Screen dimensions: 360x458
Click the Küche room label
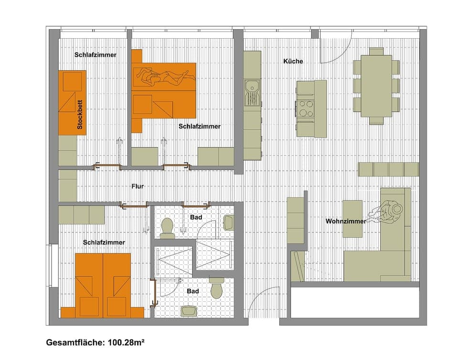point(293,61)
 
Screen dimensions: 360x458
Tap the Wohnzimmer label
point(346,221)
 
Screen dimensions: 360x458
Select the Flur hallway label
point(137,187)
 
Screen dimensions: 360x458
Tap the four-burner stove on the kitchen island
point(305,108)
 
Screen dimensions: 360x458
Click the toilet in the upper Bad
point(167,227)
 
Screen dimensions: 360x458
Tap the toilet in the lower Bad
point(217,288)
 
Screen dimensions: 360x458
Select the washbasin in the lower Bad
point(189,311)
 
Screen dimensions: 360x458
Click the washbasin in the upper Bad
point(229,222)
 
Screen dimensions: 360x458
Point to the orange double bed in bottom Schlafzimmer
point(103,285)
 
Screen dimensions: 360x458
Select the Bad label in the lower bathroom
point(193,291)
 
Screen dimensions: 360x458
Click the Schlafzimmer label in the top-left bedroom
point(95,55)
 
